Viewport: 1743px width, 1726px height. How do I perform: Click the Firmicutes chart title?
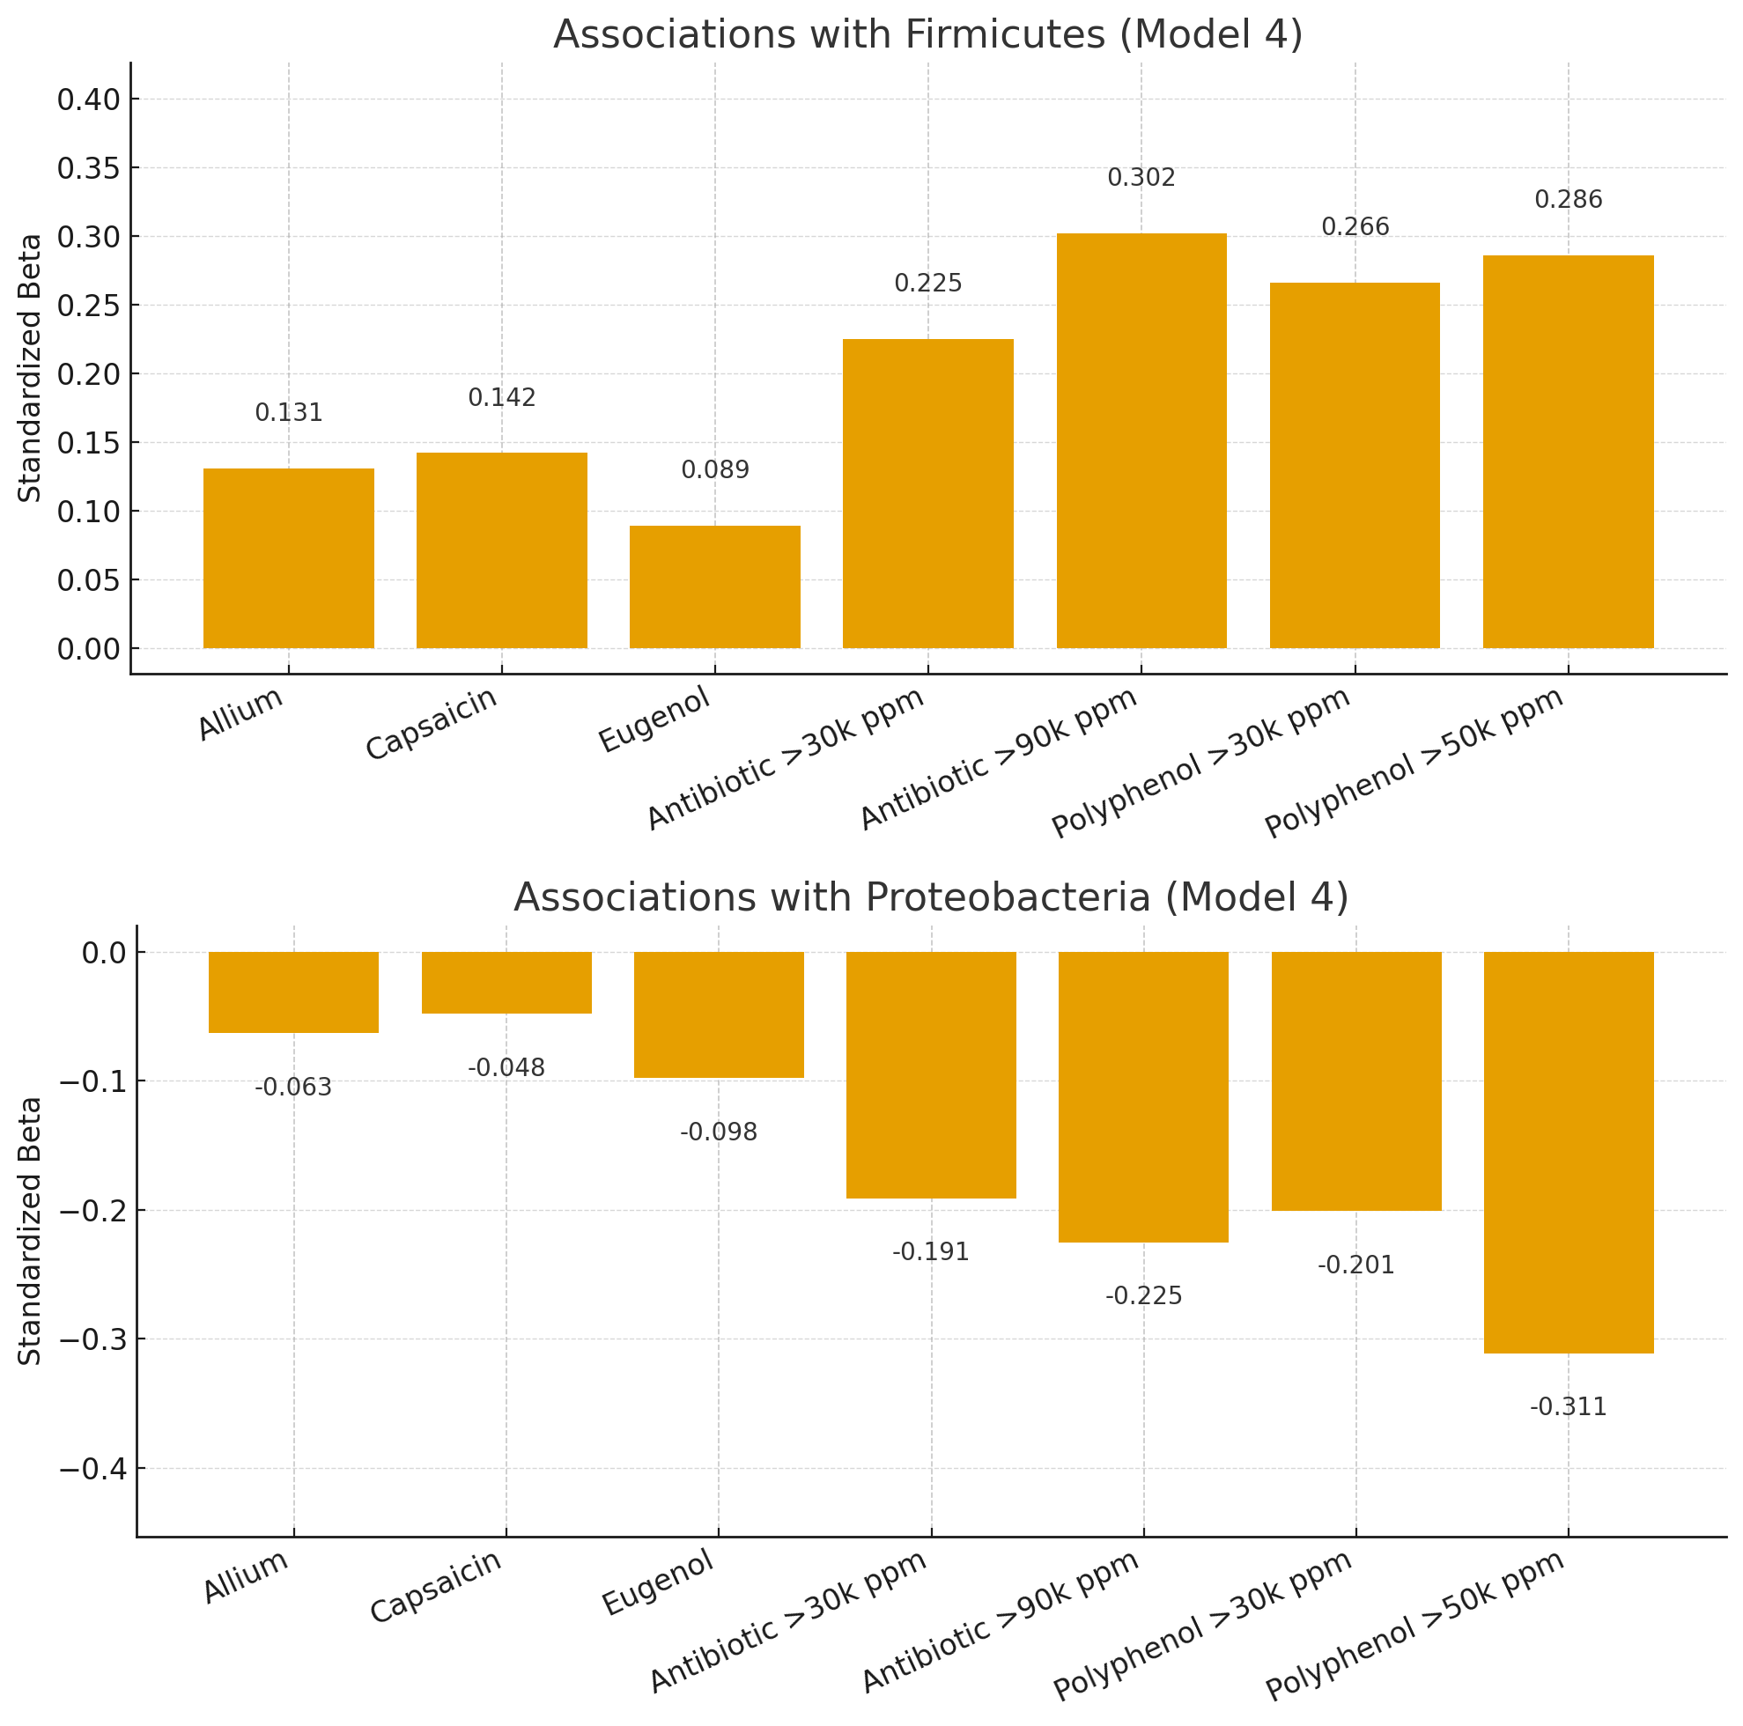(927, 35)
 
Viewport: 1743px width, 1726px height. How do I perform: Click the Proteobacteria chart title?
(931, 897)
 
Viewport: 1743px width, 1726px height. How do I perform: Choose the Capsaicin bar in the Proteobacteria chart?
(506, 983)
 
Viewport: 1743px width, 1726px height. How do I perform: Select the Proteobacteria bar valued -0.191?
(931, 1074)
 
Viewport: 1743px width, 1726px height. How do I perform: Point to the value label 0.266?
(1355, 227)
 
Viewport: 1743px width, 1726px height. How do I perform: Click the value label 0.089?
(714, 470)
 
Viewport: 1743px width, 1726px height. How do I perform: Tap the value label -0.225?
(1143, 1296)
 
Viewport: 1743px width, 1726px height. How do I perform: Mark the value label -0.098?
(718, 1132)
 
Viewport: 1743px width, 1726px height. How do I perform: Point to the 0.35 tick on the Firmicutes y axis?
(88, 169)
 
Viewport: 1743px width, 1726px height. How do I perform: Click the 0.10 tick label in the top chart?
(88, 512)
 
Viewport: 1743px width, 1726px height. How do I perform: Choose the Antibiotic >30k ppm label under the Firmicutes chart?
(786, 759)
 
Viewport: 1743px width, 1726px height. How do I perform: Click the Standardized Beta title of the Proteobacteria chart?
(30, 1231)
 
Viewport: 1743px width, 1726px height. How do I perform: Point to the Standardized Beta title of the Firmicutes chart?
(30, 367)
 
